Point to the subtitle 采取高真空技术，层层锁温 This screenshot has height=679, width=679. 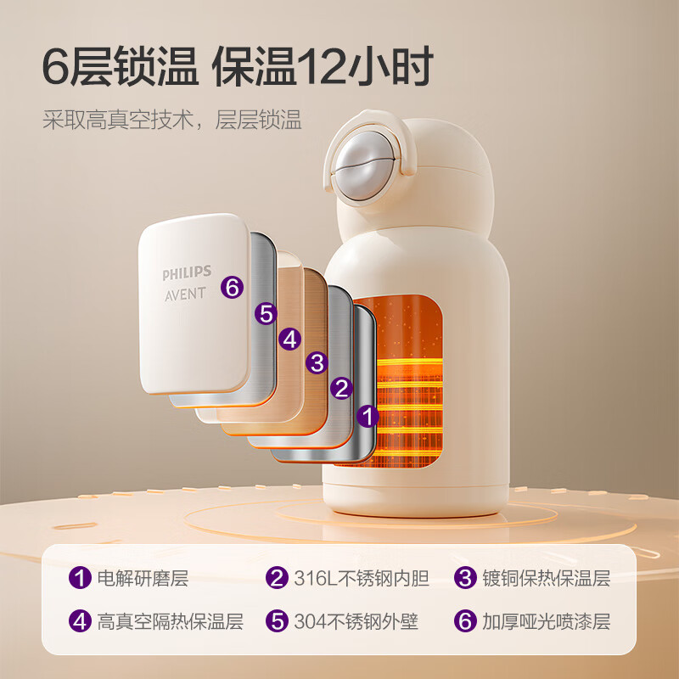pyautogui.click(x=172, y=119)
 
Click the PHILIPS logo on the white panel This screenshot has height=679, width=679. pyautogui.click(x=185, y=275)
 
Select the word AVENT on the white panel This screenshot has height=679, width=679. pyautogui.click(x=185, y=294)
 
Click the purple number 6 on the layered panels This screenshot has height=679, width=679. pyautogui.click(x=232, y=287)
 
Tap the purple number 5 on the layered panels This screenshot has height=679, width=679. pyautogui.click(x=267, y=314)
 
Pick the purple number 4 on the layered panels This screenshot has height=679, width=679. pyautogui.click(x=291, y=339)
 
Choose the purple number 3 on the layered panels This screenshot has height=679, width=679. pyautogui.click(x=317, y=363)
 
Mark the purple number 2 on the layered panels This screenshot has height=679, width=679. pyautogui.click(x=342, y=389)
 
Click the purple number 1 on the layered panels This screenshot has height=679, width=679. pyautogui.click(x=368, y=416)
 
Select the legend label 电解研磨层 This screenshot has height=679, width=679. pyautogui.click(x=143, y=579)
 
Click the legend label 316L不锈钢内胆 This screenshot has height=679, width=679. pyautogui.click(x=362, y=579)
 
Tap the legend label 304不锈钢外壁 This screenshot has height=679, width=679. pyautogui.click(x=356, y=621)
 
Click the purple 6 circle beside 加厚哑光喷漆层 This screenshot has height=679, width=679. pyautogui.click(x=464, y=621)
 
